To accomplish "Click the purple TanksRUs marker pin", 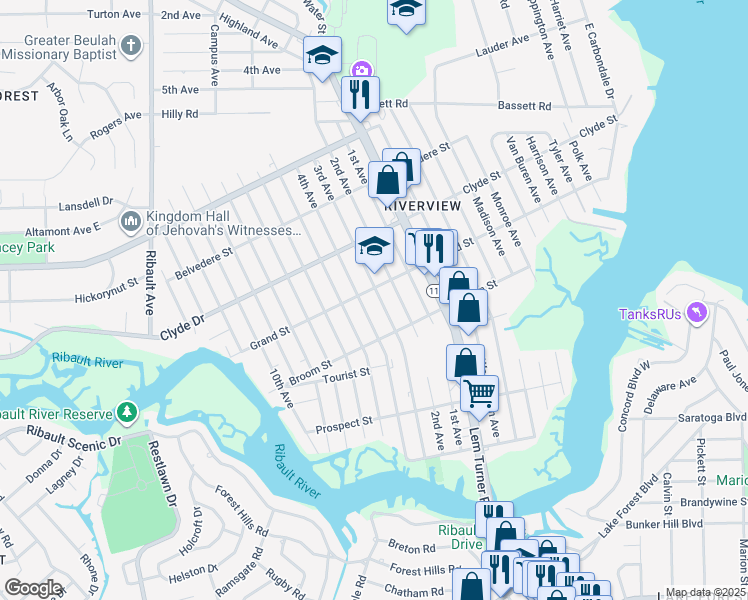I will pos(698,314).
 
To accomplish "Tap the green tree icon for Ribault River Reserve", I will pos(126,412).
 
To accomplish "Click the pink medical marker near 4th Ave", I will pos(360,70).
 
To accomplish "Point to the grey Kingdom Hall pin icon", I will pos(130,220).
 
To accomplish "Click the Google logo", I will pos(33,588).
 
